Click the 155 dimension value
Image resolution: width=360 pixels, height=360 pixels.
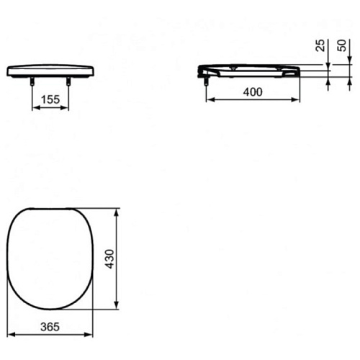pyautogui.click(x=50, y=99)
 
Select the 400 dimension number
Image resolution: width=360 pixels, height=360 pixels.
pyautogui.click(x=253, y=92)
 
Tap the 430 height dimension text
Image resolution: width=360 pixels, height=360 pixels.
pyautogui.click(x=110, y=259)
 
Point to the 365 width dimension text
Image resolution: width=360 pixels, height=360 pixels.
pyautogui.click(x=50, y=327)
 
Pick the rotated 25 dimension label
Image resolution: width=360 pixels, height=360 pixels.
pyautogui.click(x=320, y=45)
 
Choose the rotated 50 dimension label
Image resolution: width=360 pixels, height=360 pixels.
pyautogui.click(x=342, y=45)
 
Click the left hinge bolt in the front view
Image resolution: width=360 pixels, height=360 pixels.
pyautogui.click(x=32, y=81)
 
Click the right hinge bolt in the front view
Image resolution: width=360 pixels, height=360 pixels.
pyautogui.click(x=68, y=81)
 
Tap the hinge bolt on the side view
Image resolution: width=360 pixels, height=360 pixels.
pyautogui.click(x=206, y=81)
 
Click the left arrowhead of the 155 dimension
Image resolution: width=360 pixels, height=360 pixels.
pyautogui.click(x=36, y=108)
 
